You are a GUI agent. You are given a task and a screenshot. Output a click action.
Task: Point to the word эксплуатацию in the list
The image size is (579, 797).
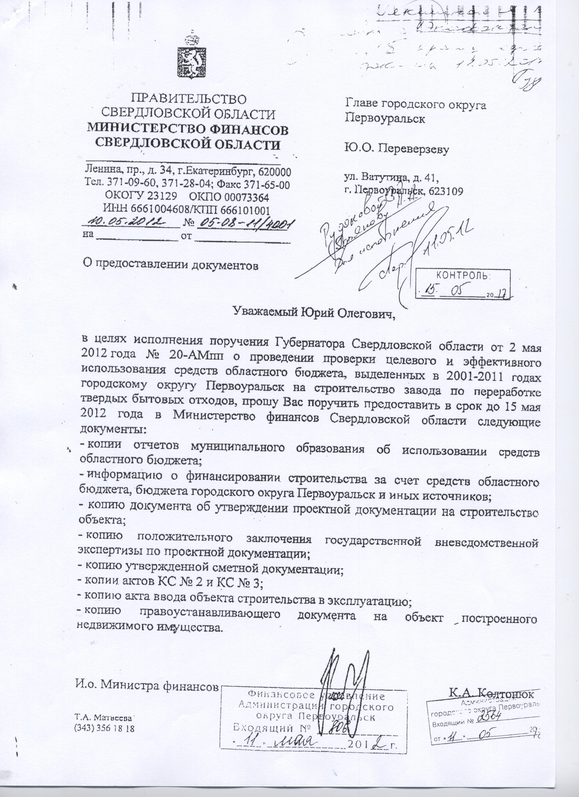(369, 602)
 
